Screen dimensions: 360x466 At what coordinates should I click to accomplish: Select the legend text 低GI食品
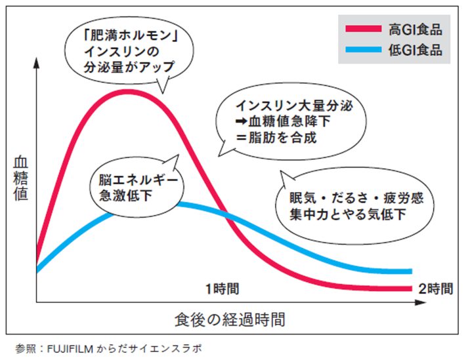point(415,49)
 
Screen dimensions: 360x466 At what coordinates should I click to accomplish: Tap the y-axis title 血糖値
point(20,177)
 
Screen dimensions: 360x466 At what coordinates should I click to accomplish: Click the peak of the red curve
point(129,91)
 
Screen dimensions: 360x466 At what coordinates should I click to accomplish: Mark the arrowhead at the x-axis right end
point(421,303)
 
